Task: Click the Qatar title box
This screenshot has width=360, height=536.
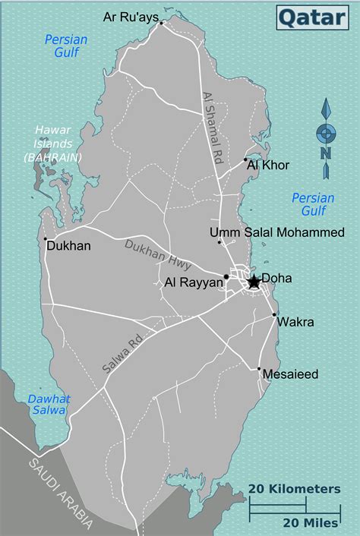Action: coord(312,16)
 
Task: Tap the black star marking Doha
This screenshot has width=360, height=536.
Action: coord(254,282)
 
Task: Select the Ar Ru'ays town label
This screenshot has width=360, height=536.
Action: coord(130,17)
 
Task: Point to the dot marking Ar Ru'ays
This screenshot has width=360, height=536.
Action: coord(162,24)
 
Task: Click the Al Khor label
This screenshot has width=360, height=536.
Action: coord(269,164)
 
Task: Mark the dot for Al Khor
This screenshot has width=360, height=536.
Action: coord(245,160)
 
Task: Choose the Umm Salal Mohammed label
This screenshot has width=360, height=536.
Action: coord(278,232)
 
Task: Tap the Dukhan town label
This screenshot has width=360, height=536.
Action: coord(69,246)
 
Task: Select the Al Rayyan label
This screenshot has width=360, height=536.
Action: coord(194,282)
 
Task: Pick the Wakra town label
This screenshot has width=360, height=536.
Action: coord(295,322)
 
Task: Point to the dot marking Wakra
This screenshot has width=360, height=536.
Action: coord(274,314)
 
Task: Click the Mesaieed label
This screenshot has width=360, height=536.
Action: coord(289,374)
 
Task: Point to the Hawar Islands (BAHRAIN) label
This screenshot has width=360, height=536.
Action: coord(53,142)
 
